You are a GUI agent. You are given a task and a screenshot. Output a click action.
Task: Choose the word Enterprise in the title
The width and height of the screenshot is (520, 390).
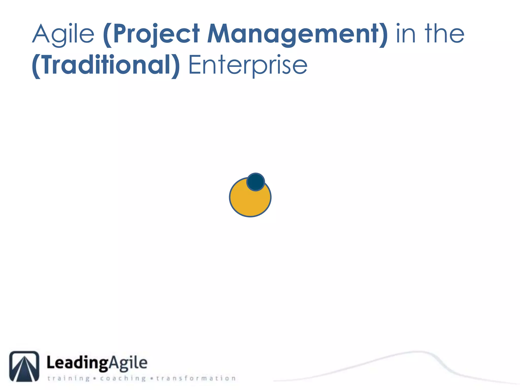(248, 65)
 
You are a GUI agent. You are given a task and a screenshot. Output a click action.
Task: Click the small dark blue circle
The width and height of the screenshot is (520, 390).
(256, 182)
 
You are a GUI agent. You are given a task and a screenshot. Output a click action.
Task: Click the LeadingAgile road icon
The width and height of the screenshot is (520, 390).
(24, 366)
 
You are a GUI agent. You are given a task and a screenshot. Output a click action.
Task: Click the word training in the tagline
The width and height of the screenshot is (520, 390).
(69, 378)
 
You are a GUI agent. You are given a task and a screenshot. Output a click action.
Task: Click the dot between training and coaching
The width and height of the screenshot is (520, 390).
(94, 379)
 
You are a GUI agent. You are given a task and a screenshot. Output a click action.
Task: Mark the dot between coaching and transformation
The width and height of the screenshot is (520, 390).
(152, 379)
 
